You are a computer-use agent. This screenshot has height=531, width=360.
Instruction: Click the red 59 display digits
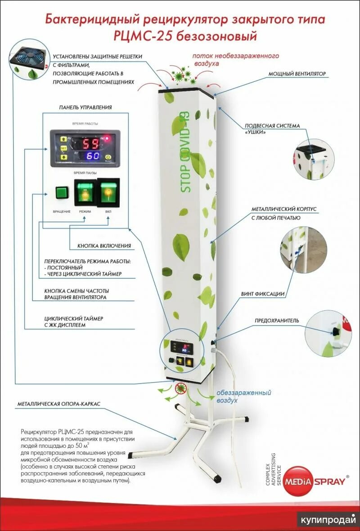point(93,143)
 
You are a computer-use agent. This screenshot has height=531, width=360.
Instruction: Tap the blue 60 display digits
point(93,156)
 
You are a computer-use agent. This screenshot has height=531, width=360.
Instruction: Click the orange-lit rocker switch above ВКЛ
point(108,192)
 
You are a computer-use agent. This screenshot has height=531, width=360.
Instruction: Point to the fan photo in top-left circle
point(28,60)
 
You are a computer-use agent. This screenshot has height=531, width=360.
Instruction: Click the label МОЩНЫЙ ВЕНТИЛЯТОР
point(297,74)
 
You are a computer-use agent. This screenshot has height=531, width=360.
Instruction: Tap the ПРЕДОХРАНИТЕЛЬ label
point(277,321)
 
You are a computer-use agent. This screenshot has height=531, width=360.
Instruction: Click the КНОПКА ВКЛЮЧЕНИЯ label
point(98,246)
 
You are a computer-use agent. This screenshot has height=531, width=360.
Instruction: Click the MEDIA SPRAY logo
point(317,481)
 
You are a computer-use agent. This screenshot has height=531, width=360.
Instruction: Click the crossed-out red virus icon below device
point(182,388)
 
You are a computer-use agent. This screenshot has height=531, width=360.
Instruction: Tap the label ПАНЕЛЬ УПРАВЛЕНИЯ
point(85,108)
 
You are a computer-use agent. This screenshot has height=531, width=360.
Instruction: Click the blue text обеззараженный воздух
point(243,396)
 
